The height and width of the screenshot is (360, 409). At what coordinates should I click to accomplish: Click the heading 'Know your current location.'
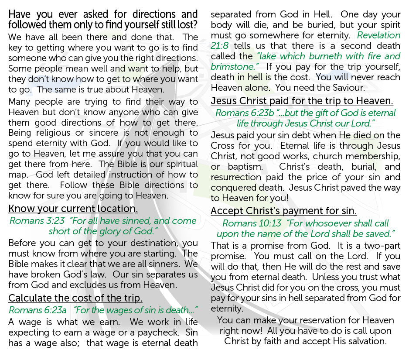[73, 209]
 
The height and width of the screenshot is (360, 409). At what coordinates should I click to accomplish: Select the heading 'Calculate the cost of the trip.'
[75, 298]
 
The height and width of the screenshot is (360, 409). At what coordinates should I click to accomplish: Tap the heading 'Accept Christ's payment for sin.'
[284, 211]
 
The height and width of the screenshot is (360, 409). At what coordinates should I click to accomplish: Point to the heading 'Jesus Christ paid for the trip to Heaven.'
[302, 101]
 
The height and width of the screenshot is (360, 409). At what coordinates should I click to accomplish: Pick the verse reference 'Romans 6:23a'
[38, 310]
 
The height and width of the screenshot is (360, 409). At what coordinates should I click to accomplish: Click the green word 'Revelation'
[378, 35]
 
